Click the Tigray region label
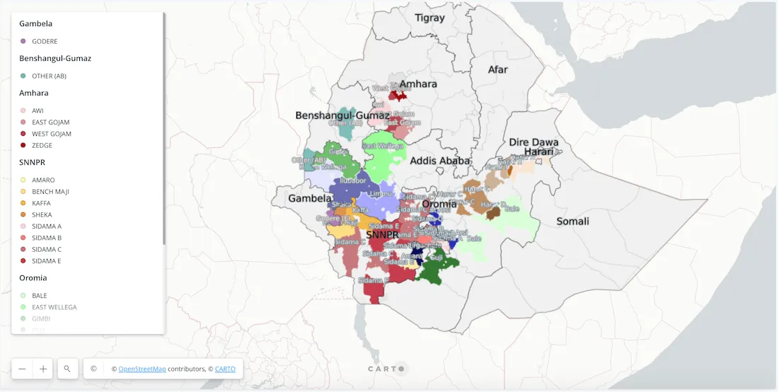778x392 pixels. point(430,18)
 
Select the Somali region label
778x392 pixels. point(572,221)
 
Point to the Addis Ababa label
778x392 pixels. point(440,161)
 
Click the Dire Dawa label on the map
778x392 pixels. point(534,142)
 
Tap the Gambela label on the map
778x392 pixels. point(310,199)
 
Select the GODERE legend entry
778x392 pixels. point(45,42)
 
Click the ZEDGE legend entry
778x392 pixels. point(42,146)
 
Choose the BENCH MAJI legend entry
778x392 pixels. point(50,192)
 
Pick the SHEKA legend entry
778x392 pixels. point(42,215)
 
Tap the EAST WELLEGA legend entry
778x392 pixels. point(54,307)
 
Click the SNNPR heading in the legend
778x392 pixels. point(33,163)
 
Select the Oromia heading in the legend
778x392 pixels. point(33,278)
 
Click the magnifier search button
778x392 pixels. point(67,369)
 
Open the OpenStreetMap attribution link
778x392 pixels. point(142,369)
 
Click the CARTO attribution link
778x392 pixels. point(226,369)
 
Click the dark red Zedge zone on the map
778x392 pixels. point(398,96)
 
